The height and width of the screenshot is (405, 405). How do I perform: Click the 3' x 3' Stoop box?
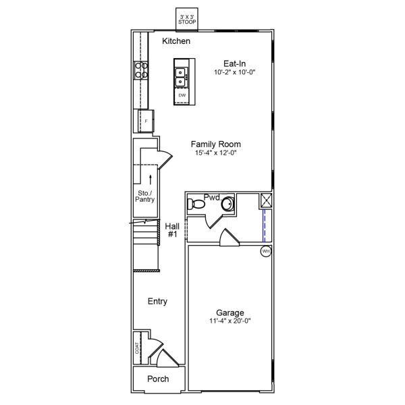tap(187, 18)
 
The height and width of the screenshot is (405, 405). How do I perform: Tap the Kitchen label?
tap(176, 42)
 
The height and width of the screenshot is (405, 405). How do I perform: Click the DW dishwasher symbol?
tap(182, 96)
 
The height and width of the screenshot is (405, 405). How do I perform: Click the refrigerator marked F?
tap(145, 121)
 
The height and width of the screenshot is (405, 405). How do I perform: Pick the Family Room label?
tap(215, 144)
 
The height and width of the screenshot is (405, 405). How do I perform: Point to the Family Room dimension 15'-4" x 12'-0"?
tap(215, 153)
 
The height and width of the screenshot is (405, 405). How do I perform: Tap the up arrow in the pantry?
tap(150, 179)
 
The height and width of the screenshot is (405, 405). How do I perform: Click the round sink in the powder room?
tap(228, 202)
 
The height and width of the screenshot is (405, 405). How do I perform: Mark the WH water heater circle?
tap(266, 251)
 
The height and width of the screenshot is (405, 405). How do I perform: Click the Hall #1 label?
tap(171, 230)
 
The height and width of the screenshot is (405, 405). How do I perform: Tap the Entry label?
tap(157, 302)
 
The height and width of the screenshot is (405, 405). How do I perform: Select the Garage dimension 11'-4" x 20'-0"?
tap(230, 322)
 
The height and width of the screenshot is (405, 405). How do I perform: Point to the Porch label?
tap(158, 379)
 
